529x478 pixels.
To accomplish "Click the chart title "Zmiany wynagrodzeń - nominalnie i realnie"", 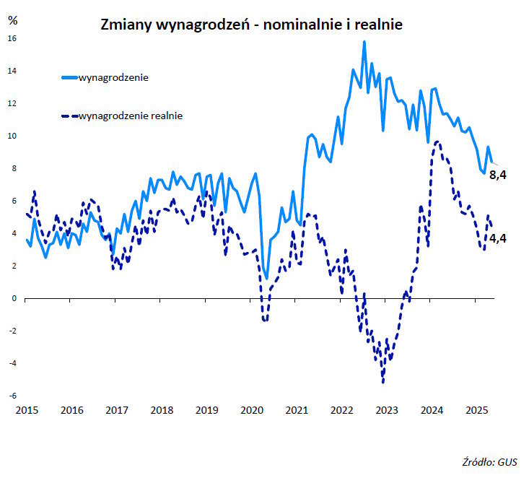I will click(x=250, y=25).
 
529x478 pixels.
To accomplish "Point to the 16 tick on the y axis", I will click(x=12, y=38).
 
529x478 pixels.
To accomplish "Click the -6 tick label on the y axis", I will click(x=12, y=396).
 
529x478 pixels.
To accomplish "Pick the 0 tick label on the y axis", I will click(x=13, y=298).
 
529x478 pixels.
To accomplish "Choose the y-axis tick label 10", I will click(x=12, y=136).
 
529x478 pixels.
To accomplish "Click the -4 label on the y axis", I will click(x=12, y=363).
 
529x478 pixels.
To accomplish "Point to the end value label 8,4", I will click(x=498, y=175).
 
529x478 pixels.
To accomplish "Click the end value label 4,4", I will click(x=498, y=238).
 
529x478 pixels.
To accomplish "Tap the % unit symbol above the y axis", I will click(x=12, y=19).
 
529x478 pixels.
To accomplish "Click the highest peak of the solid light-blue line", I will click(x=364, y=42).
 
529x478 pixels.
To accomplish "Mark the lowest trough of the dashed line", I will click(x=382, y=382).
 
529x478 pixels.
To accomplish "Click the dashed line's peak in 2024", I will click(x=437, y=142).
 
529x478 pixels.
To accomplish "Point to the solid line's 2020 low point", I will click(x=266, y=279).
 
